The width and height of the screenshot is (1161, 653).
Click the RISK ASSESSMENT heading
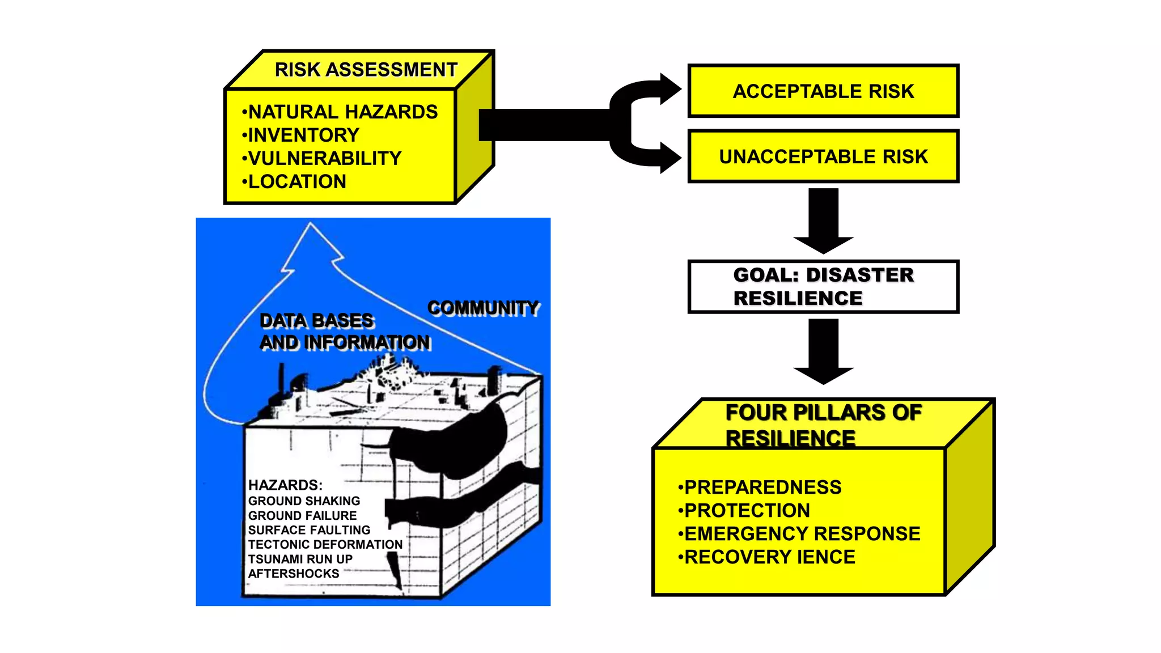click(366, 70)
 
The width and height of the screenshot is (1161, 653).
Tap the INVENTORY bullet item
click(303, 135)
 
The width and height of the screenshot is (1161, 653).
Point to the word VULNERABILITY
click(324, 158)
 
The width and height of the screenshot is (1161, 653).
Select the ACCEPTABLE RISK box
click(823, 91)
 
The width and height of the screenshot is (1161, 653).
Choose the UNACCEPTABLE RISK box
click(823, 156)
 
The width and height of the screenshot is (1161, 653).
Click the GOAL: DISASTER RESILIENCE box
click(823, 287)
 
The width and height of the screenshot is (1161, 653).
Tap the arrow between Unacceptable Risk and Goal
click(823, 221)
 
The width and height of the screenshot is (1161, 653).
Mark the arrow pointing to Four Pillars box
click(823, 351)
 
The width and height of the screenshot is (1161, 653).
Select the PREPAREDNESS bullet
click(762, 487)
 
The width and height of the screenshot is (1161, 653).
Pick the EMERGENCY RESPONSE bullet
click(802, 534)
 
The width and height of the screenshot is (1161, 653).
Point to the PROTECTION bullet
click(747, 511)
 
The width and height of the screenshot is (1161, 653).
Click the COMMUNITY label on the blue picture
click(482, 308)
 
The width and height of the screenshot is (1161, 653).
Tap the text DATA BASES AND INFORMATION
click(344, 332)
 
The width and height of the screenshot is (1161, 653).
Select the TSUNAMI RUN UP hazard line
click(300, 559)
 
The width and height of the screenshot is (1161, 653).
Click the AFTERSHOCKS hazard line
click(293, 574)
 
